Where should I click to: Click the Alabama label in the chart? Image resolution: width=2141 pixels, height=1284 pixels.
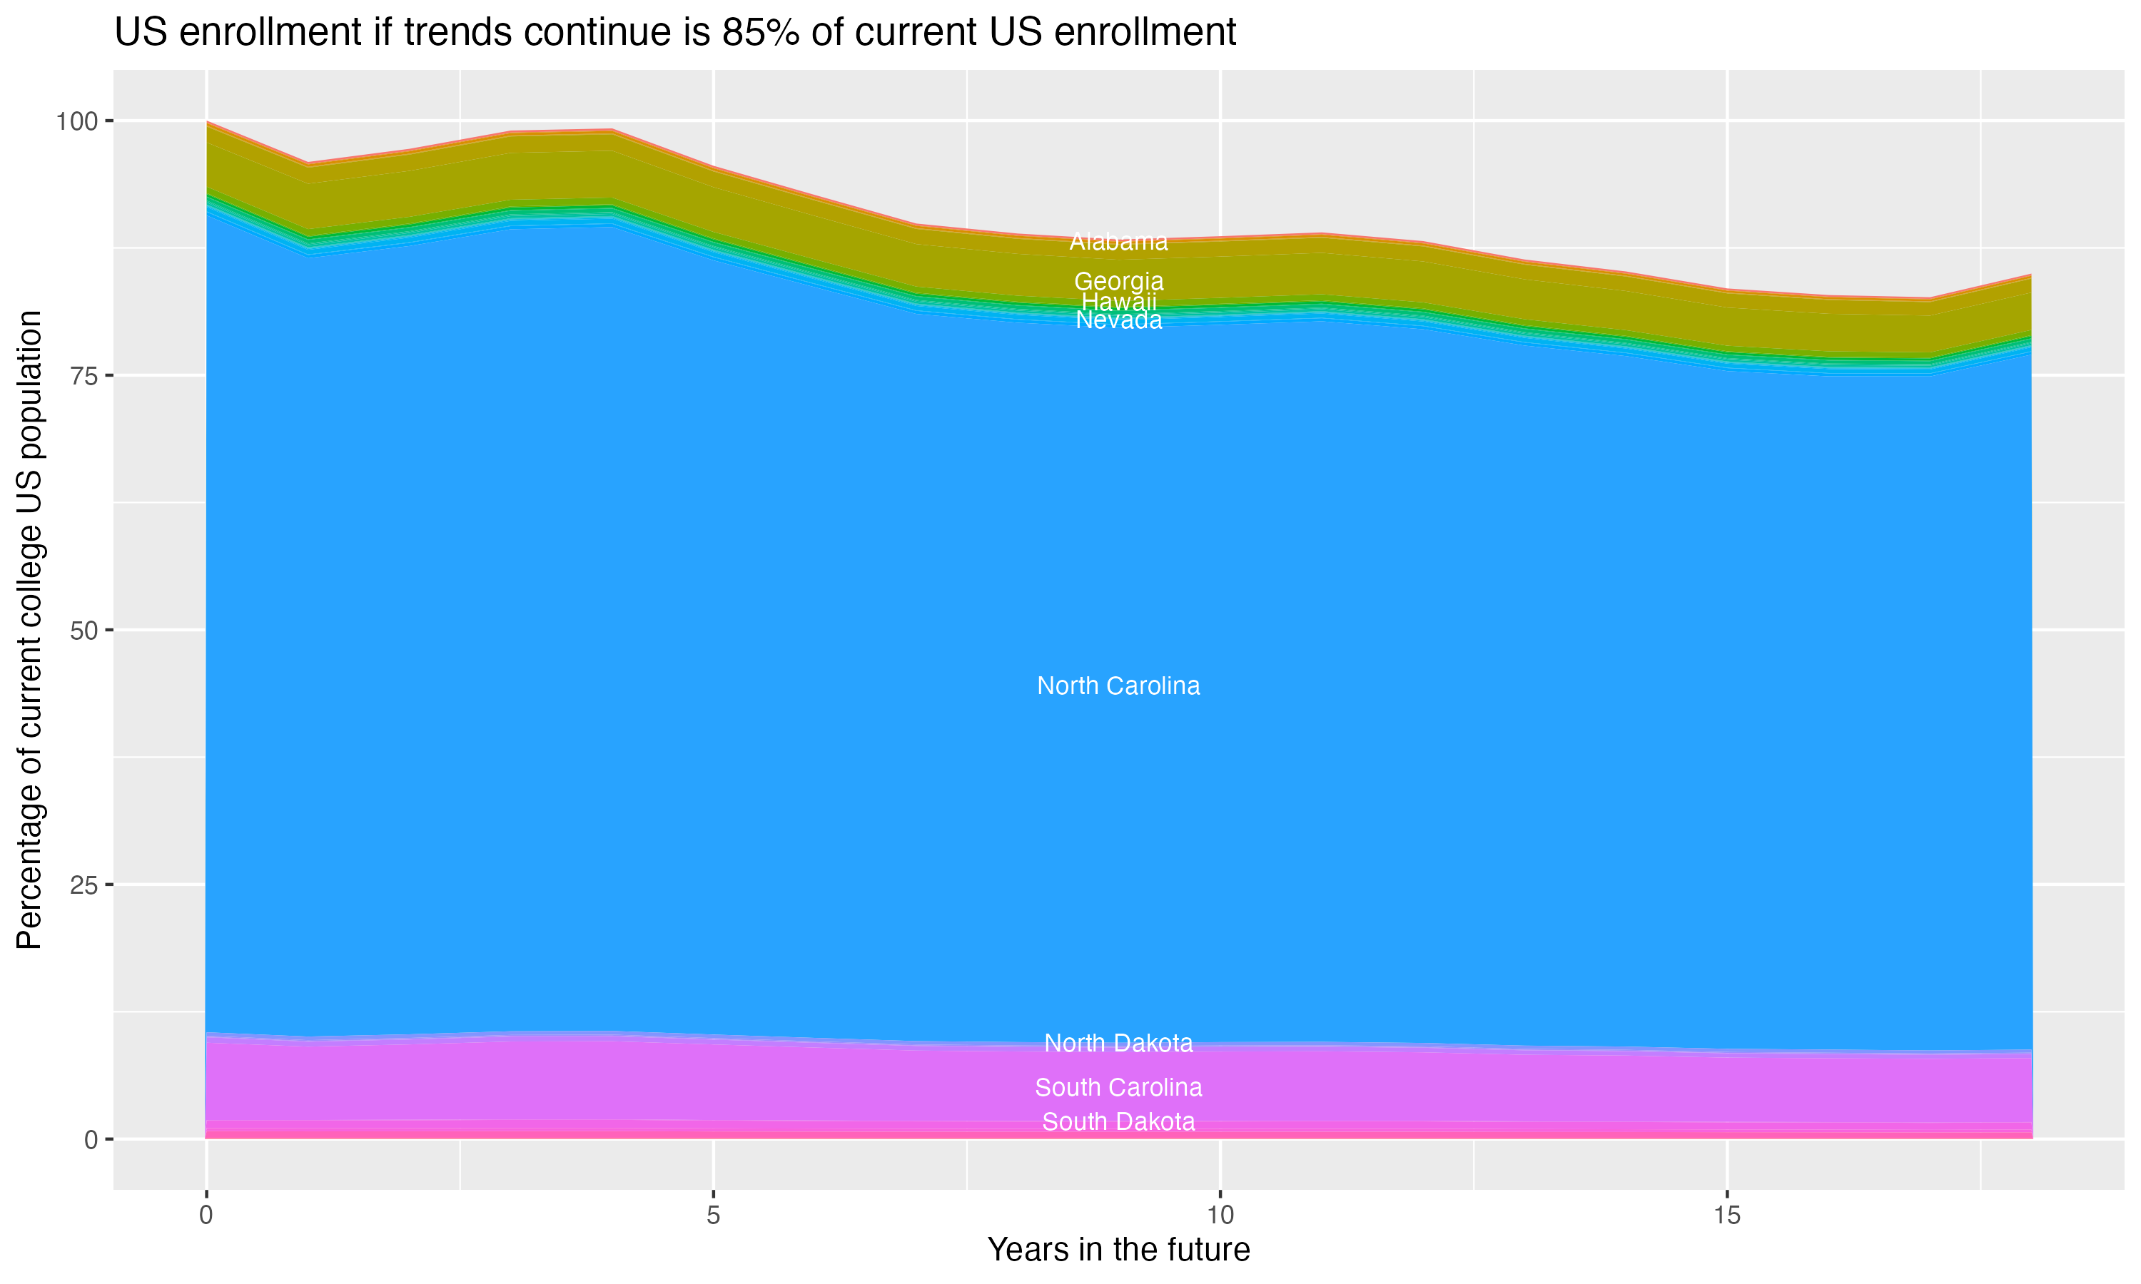1118,243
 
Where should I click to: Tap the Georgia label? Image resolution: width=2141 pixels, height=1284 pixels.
1118,282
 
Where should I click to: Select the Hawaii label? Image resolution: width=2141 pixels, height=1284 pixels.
1118,302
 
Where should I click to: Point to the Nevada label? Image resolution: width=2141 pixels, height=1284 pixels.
1118,321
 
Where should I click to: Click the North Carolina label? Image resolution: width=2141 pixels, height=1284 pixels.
1118,686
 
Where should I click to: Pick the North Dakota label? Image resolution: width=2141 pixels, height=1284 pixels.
1118,1044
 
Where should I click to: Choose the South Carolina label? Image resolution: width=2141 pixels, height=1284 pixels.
1118,1088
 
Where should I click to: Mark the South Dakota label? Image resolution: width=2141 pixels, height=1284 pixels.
1118,1122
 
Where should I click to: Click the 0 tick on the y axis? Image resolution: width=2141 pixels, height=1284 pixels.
91,1139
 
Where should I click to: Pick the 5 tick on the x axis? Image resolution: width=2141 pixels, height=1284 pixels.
713,1216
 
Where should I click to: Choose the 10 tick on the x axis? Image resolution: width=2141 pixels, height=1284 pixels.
1220,1216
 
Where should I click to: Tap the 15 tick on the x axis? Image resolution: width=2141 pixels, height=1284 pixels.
1726,1216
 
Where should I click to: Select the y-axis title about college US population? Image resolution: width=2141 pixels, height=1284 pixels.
29,630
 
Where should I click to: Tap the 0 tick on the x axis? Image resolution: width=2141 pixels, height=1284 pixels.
206,1216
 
